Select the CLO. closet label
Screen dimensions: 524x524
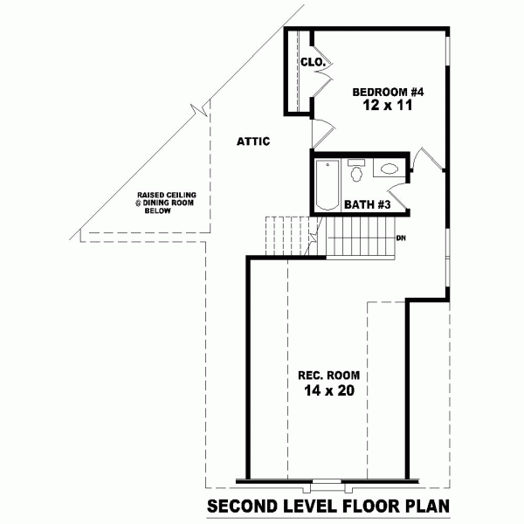(x=312, y=63)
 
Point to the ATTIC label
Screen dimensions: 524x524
(x=253, y=141)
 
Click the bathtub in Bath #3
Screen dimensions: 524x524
(x=327, y=184)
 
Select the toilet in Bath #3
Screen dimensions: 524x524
(x=356, y=172)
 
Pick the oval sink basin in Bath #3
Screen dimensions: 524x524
(x=388, y=170)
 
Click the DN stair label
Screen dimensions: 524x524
(x=401, y=238)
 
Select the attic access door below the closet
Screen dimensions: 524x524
(x=321, y=135)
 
